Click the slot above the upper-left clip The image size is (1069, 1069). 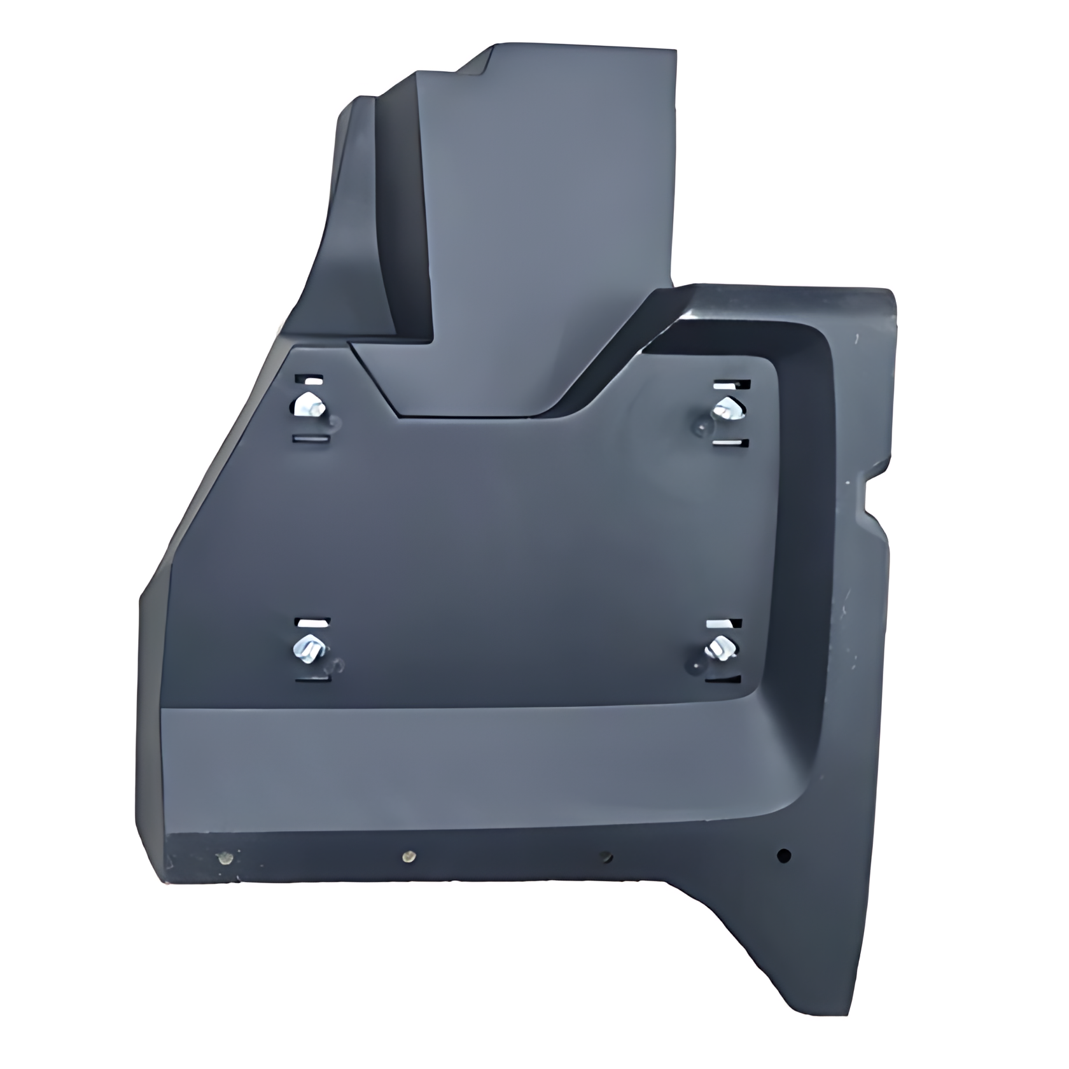pyautogui.click(x=311, y=381)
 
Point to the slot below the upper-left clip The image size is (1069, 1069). pyautogui.click(x=311, y=439)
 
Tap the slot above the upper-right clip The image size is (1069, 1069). pyautogui.click(x=730, y=384)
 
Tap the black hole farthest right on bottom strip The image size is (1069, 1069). pyautogui.click(x=784, y=855)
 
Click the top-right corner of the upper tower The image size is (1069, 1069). pyautogui.click(x=674, y=50)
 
